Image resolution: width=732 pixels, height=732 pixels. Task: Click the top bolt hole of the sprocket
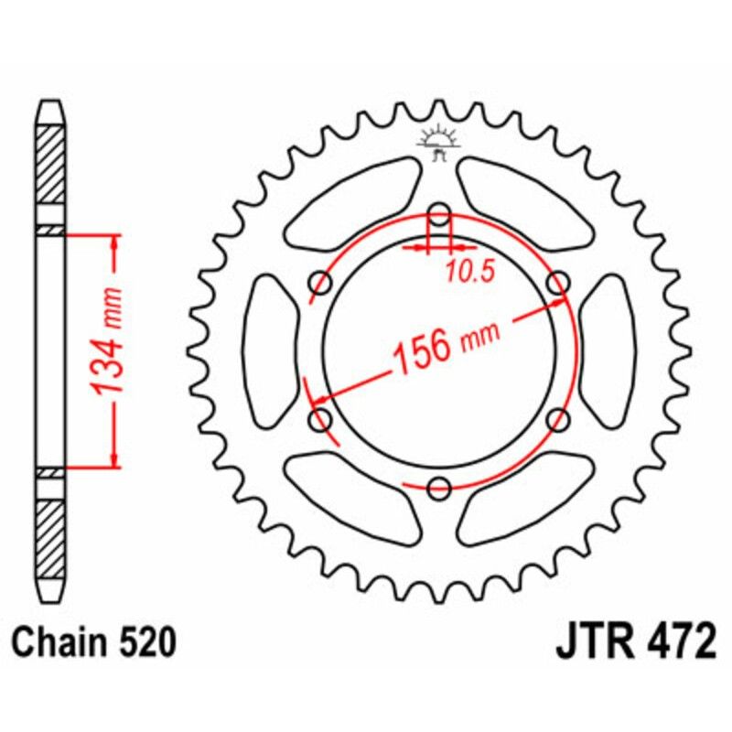[439, 218]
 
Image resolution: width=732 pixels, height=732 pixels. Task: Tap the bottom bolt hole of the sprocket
[439, 487]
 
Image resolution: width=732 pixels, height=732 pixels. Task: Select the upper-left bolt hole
[321, 284]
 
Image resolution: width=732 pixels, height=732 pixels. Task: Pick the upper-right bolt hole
[556, 285]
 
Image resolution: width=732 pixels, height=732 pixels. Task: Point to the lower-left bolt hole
[321, 420]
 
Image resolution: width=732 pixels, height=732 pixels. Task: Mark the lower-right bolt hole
[556, 420]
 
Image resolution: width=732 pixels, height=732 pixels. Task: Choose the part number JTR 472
[635, 641]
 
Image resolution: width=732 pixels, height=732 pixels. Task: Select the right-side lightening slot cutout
[606, 352]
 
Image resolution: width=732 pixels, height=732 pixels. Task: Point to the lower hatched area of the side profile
[51, 532]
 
